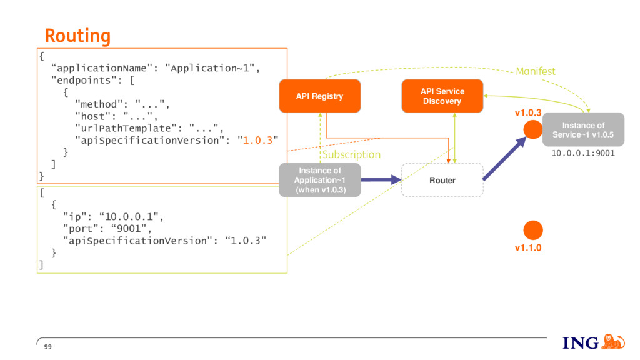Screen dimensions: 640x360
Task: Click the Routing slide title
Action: coord(77,36)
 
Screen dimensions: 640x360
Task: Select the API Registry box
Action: coord(320,96)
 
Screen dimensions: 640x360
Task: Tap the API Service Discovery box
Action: coord(442,96)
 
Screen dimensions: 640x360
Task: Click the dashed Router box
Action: coord(442,180)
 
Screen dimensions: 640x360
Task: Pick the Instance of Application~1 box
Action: coord(320,180)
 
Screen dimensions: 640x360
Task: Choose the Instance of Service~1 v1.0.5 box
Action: coord(583,129)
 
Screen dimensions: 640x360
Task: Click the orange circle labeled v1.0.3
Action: coord(533,129)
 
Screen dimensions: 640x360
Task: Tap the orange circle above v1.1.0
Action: coord(533,230)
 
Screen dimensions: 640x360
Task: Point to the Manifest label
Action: coord(536,71)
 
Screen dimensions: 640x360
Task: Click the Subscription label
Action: coord(351,155)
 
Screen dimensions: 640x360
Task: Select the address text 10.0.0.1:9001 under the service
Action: coord(583,154)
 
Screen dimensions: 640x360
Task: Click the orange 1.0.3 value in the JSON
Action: coord(257,141)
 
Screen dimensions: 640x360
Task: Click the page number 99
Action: coord(47,347)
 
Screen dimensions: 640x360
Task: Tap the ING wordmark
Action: coord(581,343)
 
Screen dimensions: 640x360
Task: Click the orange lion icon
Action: coord(613,342)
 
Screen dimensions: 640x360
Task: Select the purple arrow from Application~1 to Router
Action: coord(381,179)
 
